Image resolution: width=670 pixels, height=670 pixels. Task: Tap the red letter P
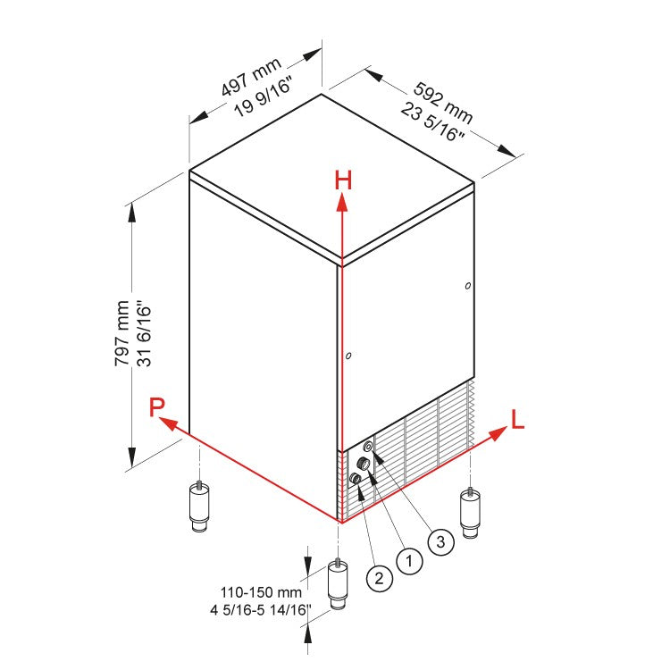tap(157, 408)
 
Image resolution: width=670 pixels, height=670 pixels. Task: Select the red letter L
tap(517, 418)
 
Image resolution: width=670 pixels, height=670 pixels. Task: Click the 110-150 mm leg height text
tap(262, 591)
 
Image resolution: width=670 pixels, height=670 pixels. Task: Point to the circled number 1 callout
tap(408, 561)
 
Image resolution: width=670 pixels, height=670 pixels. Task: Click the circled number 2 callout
tap(379, 578)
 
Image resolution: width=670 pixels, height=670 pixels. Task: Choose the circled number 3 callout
tap(440, 540)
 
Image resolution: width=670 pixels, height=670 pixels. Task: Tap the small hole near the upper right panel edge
tap(468, 286)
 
